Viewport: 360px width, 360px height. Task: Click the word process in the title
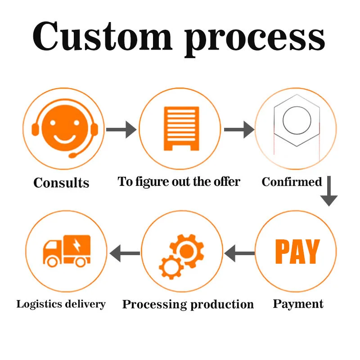pyautogui.click(x=255, y=38)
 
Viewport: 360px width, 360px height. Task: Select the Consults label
pyautogui.click(x=61, y=183)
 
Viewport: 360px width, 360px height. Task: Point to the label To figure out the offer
pyautogui.click(x=179, y=181)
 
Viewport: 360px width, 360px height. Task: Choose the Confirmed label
pyautogui.click(x=292, y=182)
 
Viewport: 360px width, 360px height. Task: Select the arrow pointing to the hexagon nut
pyautogui.click(x=238, y=130)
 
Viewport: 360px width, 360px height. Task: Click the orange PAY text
pyautogui.click(x=297, y=252)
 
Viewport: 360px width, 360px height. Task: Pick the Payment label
pyautogui.click(x=298, y=304)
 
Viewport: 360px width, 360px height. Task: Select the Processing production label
pyautogui.click(x=188, y=304)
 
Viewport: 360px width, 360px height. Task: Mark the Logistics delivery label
pyautogui.click(x=61, y=304)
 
